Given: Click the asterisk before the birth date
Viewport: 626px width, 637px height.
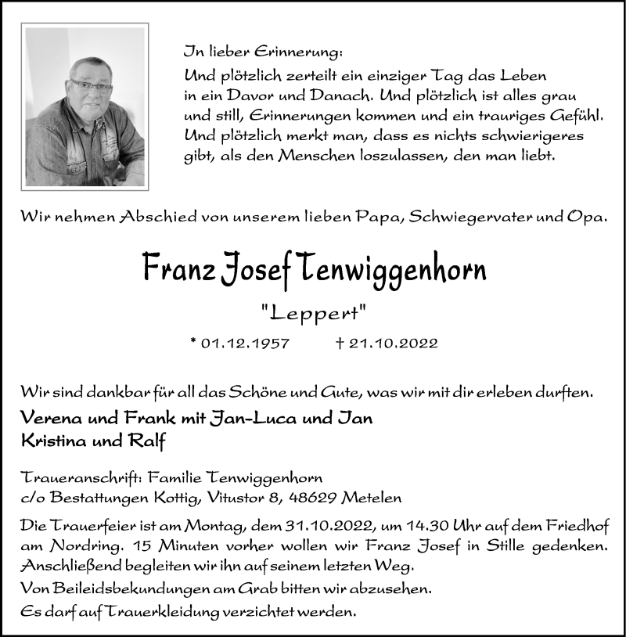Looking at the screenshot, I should click(x=193, y=341).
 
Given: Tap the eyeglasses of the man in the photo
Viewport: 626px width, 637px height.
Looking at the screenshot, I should click(x=91, y=85).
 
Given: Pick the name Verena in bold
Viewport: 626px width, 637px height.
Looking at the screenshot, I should click(x=49, y=418).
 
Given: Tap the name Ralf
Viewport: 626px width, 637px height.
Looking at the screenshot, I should click(x=149, y=440).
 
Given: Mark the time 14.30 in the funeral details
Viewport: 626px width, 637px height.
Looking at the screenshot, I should click(x=381, y=526).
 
